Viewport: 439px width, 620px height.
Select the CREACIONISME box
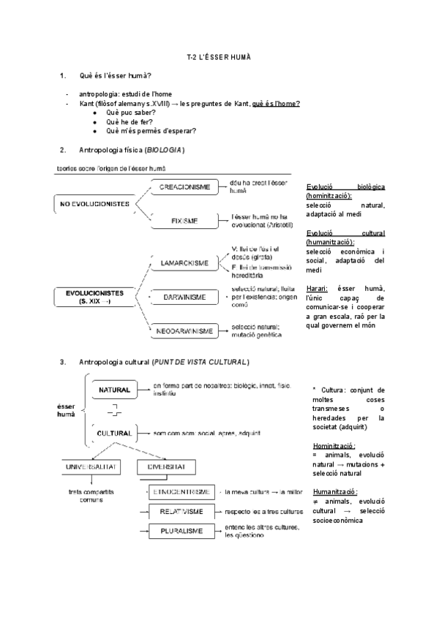click(x=184, y=187)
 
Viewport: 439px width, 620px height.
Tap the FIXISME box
click(x=184, y=219)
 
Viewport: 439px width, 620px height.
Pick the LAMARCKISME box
click(x=184, y=262)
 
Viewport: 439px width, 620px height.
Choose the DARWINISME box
click(x=184, y=297)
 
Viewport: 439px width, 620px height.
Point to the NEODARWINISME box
click(x=184, y=330)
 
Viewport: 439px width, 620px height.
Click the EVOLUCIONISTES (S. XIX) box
click(x=95, y=297)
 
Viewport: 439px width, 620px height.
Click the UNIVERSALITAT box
click(x=92, y=466)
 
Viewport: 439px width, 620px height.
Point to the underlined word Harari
click(x=318, y=289)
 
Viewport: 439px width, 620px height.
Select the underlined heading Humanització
click(x=334, y=491)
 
